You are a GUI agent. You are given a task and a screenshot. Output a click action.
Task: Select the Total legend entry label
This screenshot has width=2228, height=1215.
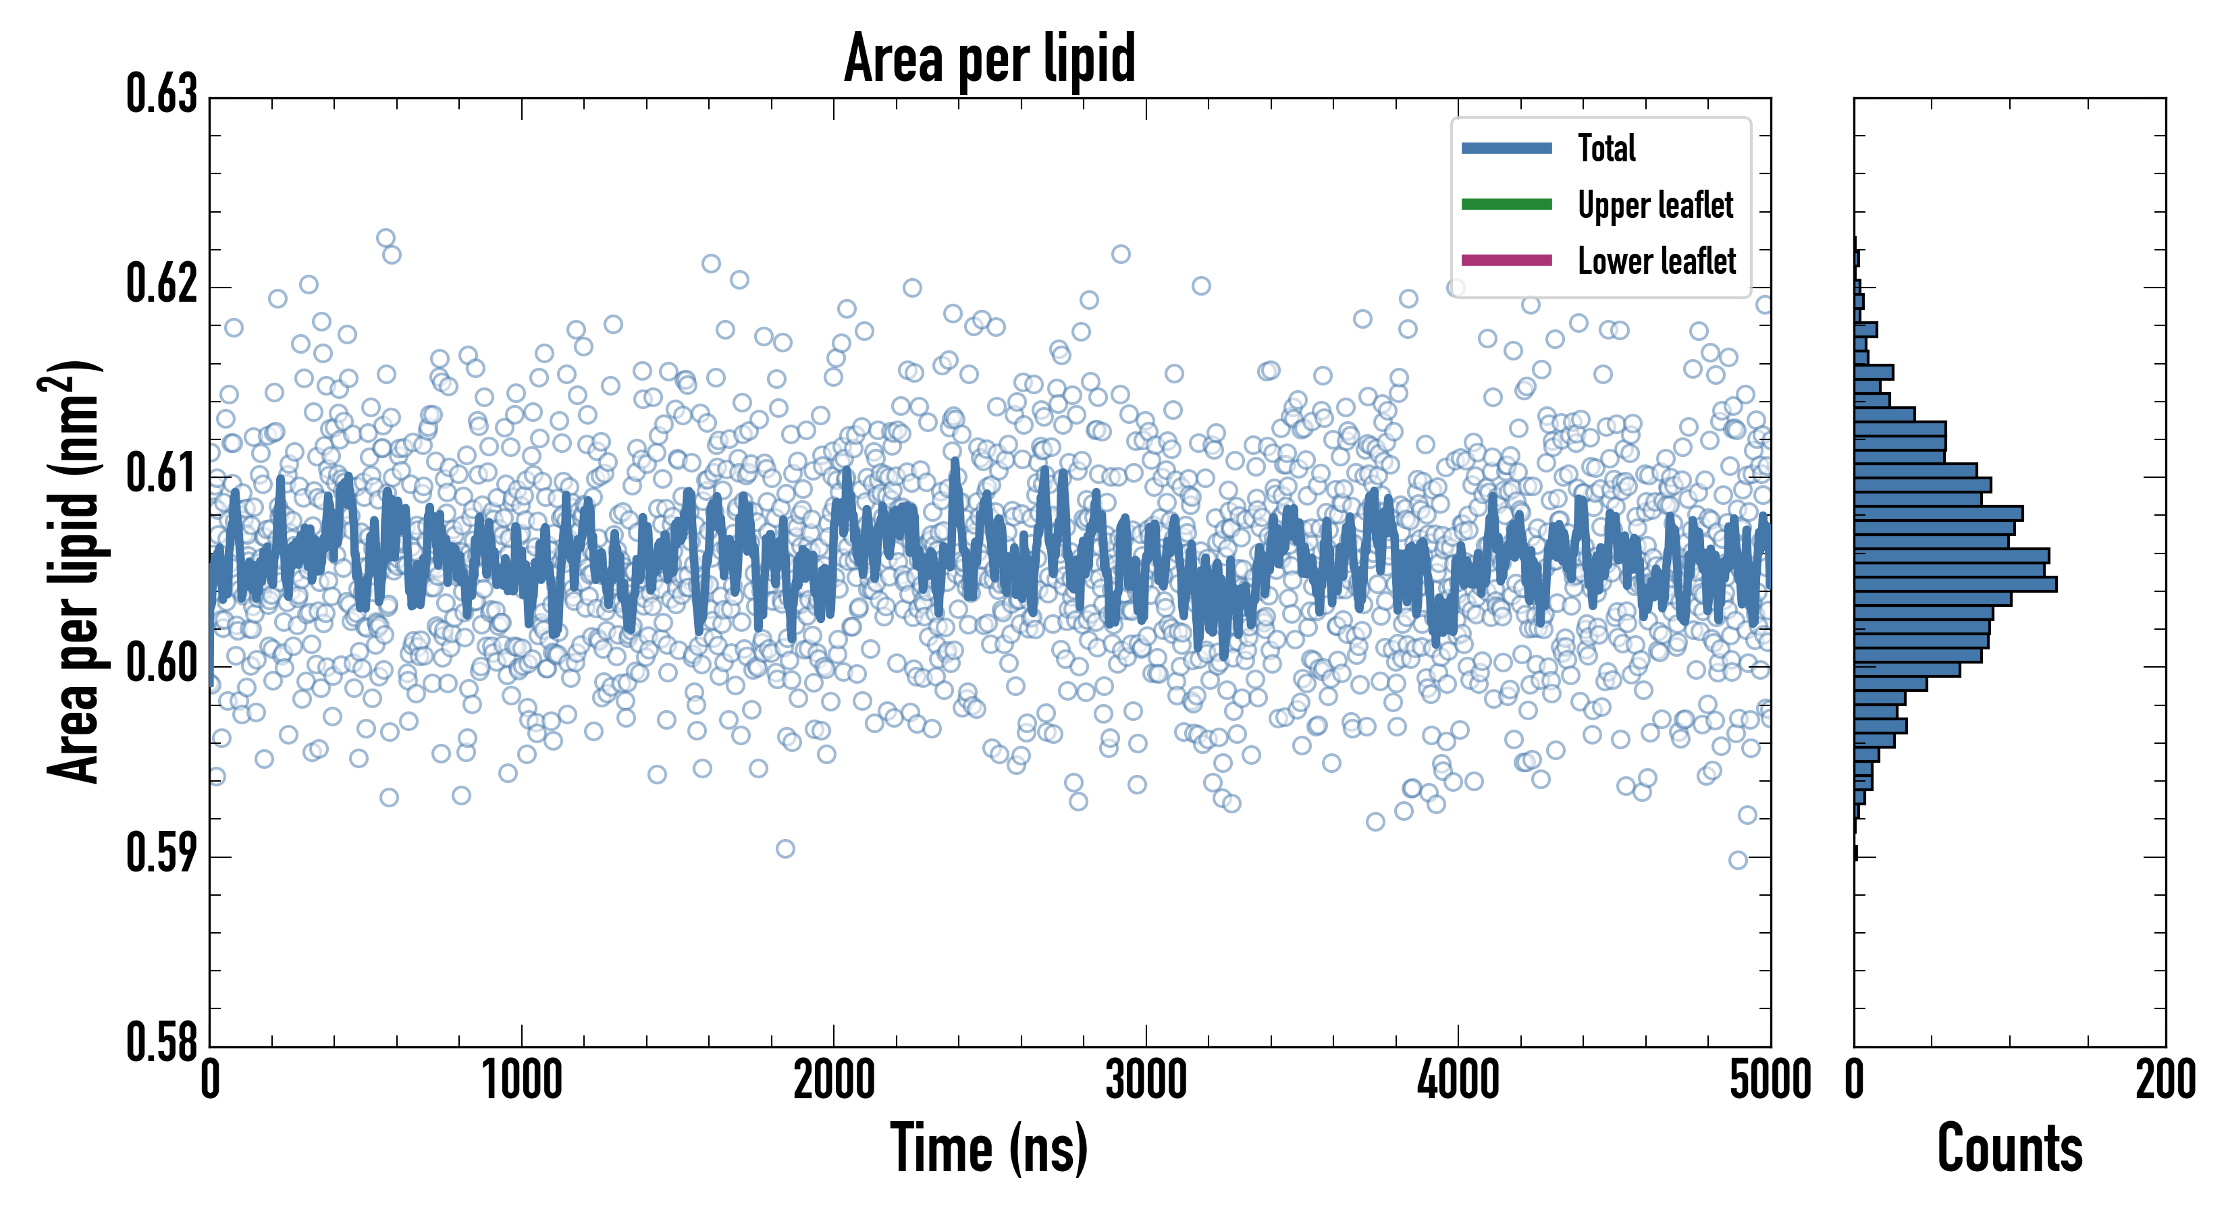pos(1606,148)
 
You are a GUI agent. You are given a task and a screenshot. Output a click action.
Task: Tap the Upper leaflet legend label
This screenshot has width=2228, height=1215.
pos(1655,205)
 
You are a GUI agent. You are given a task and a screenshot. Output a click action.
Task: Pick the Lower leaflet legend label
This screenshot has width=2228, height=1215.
pos(1656,261)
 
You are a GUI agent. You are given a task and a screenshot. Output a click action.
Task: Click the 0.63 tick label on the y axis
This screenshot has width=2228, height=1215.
pos(162,95)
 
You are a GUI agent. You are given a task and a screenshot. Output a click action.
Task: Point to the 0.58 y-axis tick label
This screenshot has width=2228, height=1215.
pos(162,1043)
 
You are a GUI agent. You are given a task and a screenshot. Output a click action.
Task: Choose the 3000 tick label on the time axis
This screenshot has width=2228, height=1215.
pos(1146,1081)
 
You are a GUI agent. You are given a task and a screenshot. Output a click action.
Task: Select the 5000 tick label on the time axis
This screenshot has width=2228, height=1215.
pos(1770,1081)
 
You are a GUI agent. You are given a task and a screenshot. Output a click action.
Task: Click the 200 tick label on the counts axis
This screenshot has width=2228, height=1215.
pos(2165,1081)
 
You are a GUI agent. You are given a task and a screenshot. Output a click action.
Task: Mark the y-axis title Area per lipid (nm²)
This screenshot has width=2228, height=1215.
pos(74,571)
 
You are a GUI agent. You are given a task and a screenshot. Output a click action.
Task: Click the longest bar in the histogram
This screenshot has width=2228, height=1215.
pos(1955,585)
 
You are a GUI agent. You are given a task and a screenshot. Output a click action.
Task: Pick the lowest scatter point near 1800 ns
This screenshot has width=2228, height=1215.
pos(785,848)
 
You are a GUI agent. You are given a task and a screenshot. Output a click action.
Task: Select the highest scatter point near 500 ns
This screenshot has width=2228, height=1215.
pos(386,238)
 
